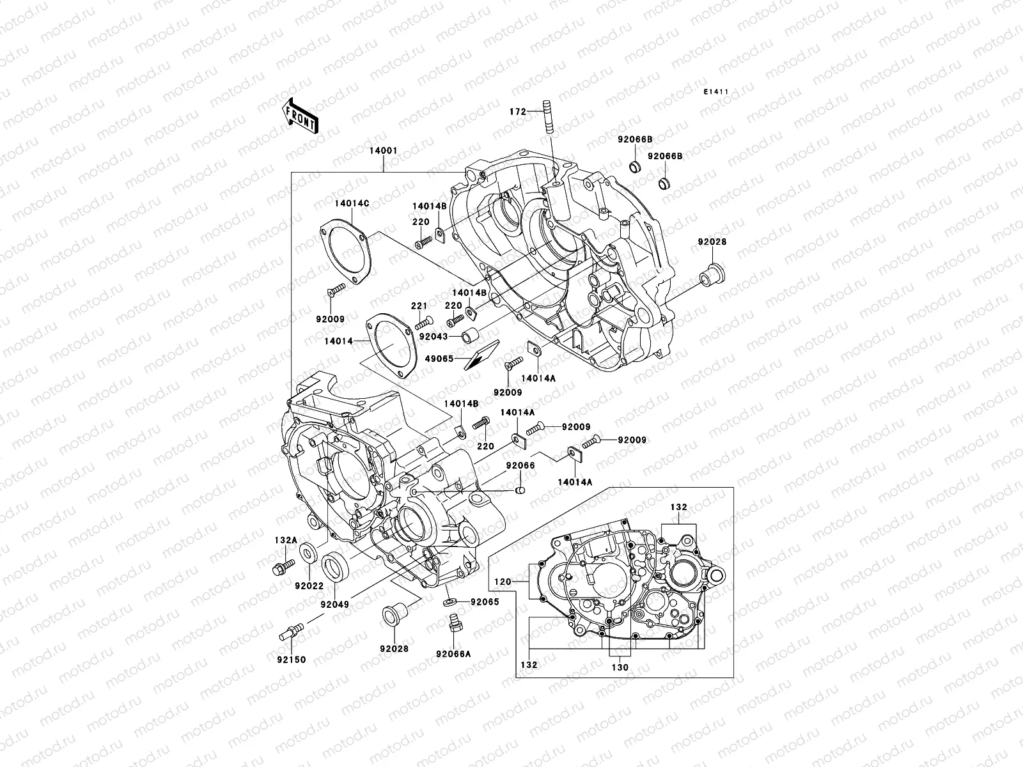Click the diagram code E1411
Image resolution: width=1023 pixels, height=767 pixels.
click(x=717, y=92)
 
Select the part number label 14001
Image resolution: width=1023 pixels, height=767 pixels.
click(x=383, y=151)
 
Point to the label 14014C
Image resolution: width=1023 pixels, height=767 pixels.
click(x=352, y=203)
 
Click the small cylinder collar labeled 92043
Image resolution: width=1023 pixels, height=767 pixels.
click(x=471, y=336)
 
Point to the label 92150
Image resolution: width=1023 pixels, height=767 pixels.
click(x=291, y=660)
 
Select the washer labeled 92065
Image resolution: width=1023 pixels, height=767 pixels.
click(x=449, y=602)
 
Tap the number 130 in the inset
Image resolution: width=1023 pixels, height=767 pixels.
click(x=620, y=667)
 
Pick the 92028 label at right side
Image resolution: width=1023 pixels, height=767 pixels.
click(x=712, y=243)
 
